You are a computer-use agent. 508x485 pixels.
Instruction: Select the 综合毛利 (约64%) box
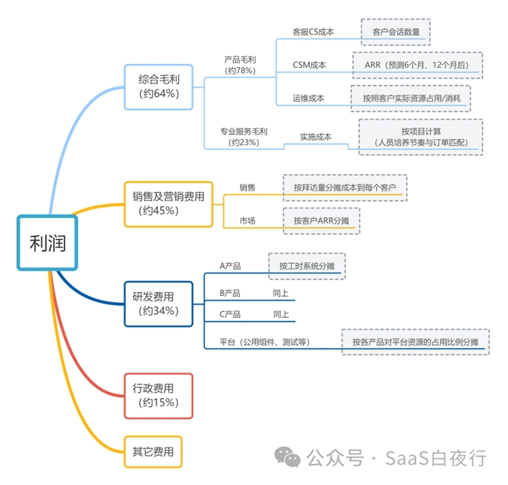pyautogui.click(x=159, y=86)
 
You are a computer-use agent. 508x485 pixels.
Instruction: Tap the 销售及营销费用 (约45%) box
pyautogui.click(x=168, y=203)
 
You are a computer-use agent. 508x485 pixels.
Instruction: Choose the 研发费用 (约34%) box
pyautogui.click(x=158, y=303)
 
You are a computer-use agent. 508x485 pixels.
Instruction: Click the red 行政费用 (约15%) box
pyautogui.click(x=158, y=395)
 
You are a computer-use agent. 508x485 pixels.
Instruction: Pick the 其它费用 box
pyautogui.click(x=153, y=451)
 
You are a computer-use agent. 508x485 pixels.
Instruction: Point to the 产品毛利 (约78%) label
pyautogui.click(x=241, y=65)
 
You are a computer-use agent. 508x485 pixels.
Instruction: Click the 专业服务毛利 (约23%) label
pyautogui.click(x=245, y=137)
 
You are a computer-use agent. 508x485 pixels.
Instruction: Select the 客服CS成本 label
pyautogui.click(x=313, y=32)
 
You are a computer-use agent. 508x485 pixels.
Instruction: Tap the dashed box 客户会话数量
pyautogui.click(x=396, y=32)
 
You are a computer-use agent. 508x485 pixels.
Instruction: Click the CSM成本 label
pyautogui.click(x=309, y=65)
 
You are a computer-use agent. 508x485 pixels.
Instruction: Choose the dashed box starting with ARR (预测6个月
pyautogui.click(x=417, y=65)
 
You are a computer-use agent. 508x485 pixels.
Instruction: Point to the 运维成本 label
pyautogui.click(x=309, y=98)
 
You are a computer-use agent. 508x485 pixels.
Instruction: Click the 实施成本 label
pyautogui.click(x=316, y=137)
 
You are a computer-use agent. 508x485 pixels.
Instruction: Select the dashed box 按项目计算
pyautogui.click(x=420, y=137)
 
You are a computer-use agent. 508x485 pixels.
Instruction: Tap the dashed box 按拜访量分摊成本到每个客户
pyautogui.click(x=345, y=188)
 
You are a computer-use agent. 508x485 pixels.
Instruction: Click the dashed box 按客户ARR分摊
pyautogui.click(x=321, y=221)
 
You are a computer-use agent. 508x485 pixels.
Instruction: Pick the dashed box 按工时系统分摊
pyautogui.click(x=307, y=266)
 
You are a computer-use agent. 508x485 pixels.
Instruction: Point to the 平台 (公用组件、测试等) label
pyautogui.click(x=265, y=341)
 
